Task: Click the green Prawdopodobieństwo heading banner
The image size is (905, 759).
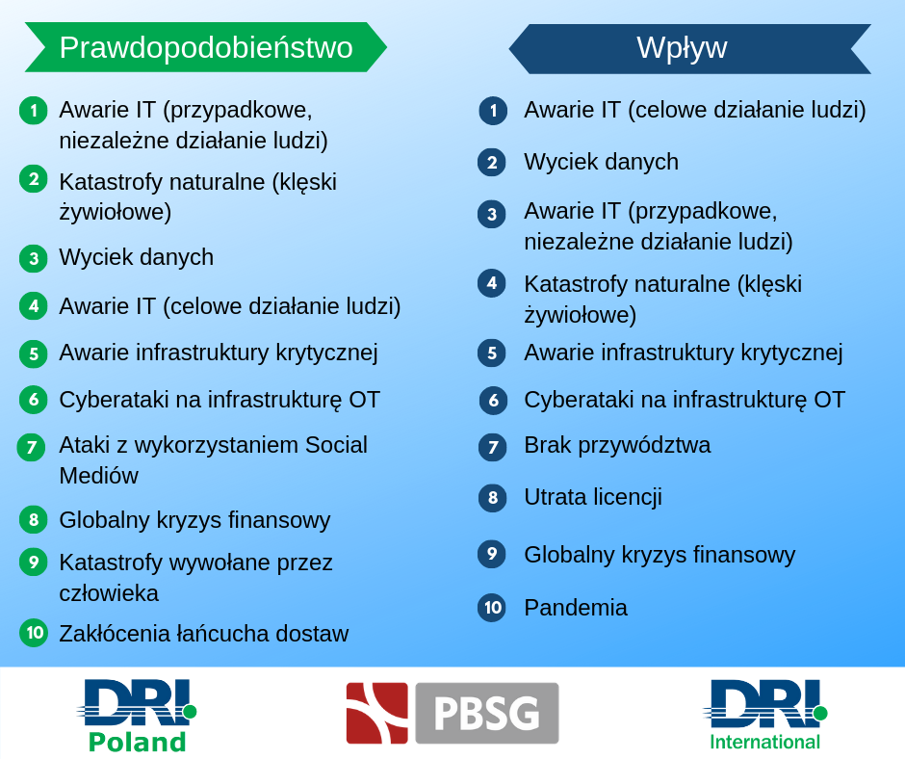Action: (205, 47)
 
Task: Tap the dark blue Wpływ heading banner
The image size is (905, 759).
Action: (689, 48)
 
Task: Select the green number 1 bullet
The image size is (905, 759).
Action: (34, 111)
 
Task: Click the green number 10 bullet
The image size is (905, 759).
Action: (34, 633)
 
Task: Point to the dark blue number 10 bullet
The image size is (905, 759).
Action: (492, 608)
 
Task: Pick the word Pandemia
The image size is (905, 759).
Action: (576, 608)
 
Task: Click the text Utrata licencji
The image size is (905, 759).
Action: (593, 497)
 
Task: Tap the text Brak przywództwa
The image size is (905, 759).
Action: (617, 445)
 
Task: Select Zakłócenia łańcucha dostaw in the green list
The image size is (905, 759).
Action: (204, 634)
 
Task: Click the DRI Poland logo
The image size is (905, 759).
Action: (138, 716)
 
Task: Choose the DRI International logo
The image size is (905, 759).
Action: (764, 715)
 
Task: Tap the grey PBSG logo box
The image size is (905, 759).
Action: (487, 713)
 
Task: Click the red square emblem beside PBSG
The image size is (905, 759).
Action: (376, 713)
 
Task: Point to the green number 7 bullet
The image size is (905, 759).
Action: (31, 447)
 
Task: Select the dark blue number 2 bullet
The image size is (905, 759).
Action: (492, 163)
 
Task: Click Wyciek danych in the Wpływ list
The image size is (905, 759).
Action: (601, 162)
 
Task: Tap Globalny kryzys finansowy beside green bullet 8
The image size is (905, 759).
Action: (194, 520)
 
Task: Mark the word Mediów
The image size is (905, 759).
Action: (99, 476)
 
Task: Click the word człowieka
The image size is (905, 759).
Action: (109, 593)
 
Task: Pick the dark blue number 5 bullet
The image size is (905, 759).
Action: (492, 353)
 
